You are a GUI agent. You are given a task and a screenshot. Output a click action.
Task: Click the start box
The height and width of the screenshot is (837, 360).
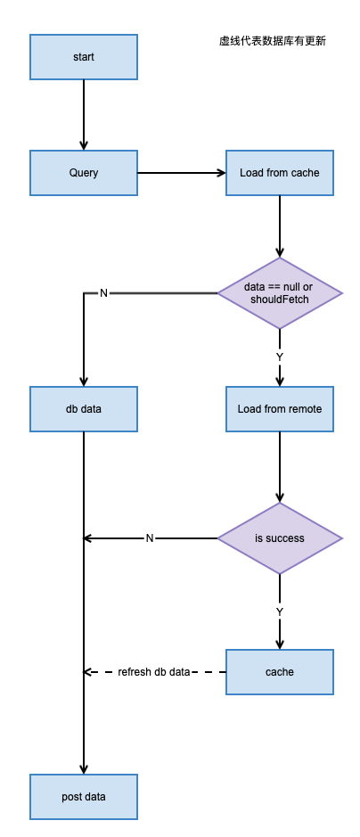pos(84,57)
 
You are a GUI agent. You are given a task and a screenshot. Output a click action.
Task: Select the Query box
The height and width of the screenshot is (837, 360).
pos(84,172)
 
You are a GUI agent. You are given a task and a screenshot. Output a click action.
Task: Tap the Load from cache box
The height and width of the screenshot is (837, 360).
pos(280,172)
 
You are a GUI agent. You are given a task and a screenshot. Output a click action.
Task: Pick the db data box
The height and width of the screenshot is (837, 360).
pos(84,409)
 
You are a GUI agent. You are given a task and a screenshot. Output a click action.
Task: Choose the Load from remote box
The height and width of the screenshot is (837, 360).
pos(280,409)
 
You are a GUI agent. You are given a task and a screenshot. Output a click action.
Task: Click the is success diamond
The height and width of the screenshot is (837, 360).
pos(280,538)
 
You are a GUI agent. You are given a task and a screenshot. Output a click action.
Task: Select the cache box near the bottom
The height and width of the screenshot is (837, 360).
pos(280,671)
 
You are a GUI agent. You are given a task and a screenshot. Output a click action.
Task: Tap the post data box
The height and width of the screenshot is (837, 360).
pos(84,796)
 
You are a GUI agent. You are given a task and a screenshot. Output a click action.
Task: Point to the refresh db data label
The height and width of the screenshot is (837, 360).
pos(153,672)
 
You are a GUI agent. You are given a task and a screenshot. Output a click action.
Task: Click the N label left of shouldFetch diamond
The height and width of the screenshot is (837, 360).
pos(103,293)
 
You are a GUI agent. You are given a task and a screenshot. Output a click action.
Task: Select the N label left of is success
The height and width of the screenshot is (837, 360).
pos(150,538)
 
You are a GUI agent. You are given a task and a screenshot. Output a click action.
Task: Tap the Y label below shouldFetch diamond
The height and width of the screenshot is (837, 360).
pos(280,357)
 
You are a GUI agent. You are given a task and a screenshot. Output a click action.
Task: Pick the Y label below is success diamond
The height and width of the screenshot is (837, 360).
pos(280,611)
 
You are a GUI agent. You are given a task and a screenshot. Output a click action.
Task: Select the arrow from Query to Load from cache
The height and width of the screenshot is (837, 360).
pos(182,172)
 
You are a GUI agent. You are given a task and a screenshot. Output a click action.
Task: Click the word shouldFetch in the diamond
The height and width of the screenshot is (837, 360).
pos(280,300)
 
